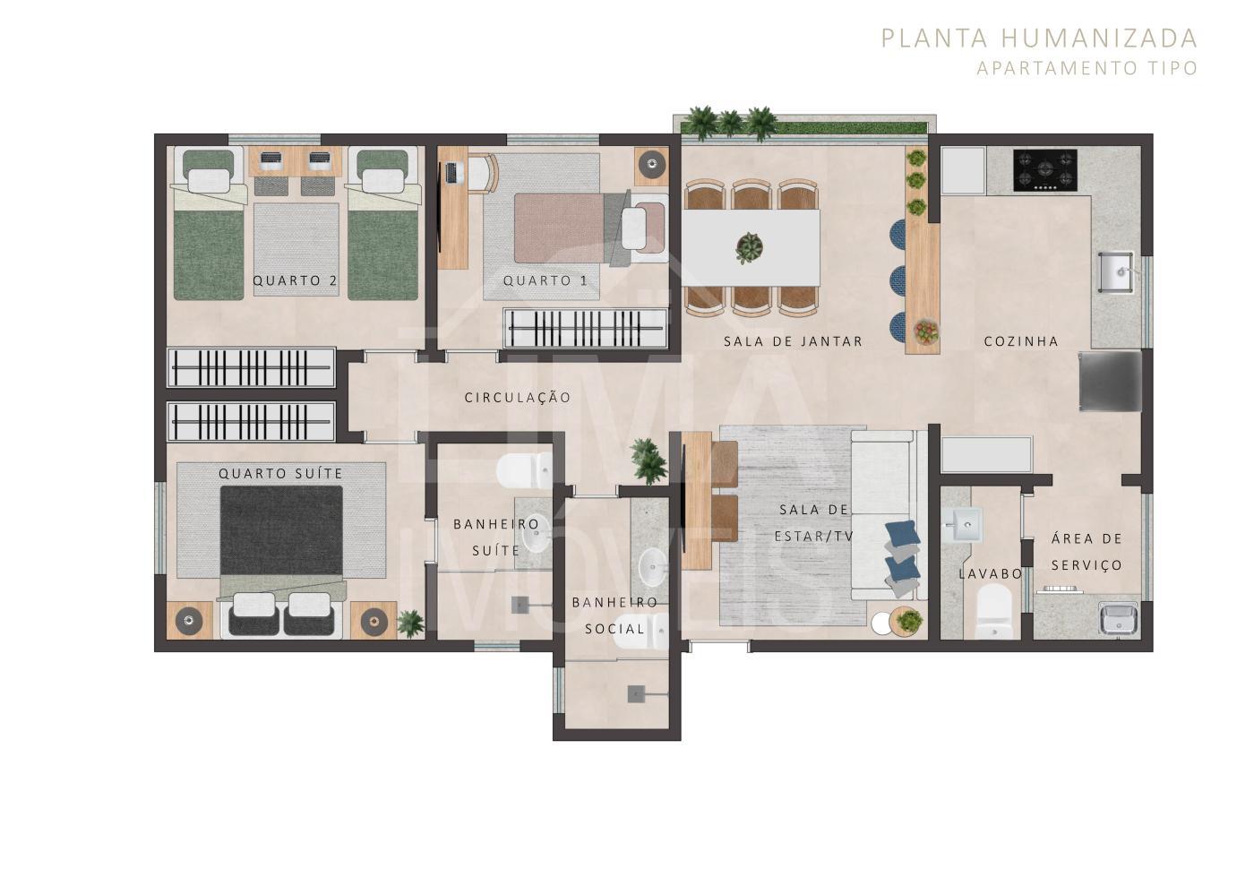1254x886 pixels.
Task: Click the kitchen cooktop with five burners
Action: (x=1044, y=169)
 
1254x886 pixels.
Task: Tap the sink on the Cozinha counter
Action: (x=1115, y=272)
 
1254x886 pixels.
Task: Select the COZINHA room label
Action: (x=1021, y=341)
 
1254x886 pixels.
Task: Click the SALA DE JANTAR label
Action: (x=793, y=341)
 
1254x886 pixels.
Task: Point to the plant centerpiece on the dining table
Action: (x=749, y=247)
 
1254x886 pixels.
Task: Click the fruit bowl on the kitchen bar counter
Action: (x=926, y=331)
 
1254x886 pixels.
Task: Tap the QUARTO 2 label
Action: (x=295, y=280)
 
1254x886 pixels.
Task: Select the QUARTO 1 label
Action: (x=545, y=280)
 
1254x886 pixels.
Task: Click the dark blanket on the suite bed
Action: (x=281, y=529)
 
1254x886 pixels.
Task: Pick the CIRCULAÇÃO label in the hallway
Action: (x=518, y=398)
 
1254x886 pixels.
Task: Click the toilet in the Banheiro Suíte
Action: (x=525, y=470)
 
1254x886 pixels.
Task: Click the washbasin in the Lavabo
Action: (x=963, y=525)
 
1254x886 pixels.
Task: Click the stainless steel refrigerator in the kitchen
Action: (x=1110, y=381)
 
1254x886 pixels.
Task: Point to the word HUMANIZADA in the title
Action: (x=1099, y=39)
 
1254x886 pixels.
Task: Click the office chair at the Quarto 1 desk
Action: (x=482, y=174)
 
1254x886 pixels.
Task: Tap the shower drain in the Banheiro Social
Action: (x=635, y=694)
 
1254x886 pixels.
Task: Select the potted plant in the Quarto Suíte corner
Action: (x=410, y=624)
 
